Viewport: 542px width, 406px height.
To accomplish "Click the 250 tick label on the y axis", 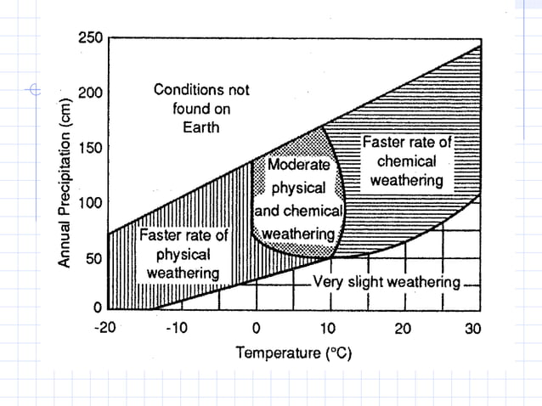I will click(89, 38).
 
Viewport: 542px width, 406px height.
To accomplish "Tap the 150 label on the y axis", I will click(89, 148).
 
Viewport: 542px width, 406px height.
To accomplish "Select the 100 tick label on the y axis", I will click(89, 203).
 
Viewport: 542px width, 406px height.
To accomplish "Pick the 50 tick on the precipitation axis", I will click(93, 258).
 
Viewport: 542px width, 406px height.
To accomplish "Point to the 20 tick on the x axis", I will click(402, 328).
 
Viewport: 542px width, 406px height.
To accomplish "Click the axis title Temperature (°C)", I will click(293, 352).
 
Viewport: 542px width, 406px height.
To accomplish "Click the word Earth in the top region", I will click(201, 127).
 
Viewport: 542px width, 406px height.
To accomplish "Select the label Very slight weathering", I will click(387, 282).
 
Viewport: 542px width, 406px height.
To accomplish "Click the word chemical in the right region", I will click(407, 161).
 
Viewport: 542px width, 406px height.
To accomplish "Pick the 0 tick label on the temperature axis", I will click(256, 328).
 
